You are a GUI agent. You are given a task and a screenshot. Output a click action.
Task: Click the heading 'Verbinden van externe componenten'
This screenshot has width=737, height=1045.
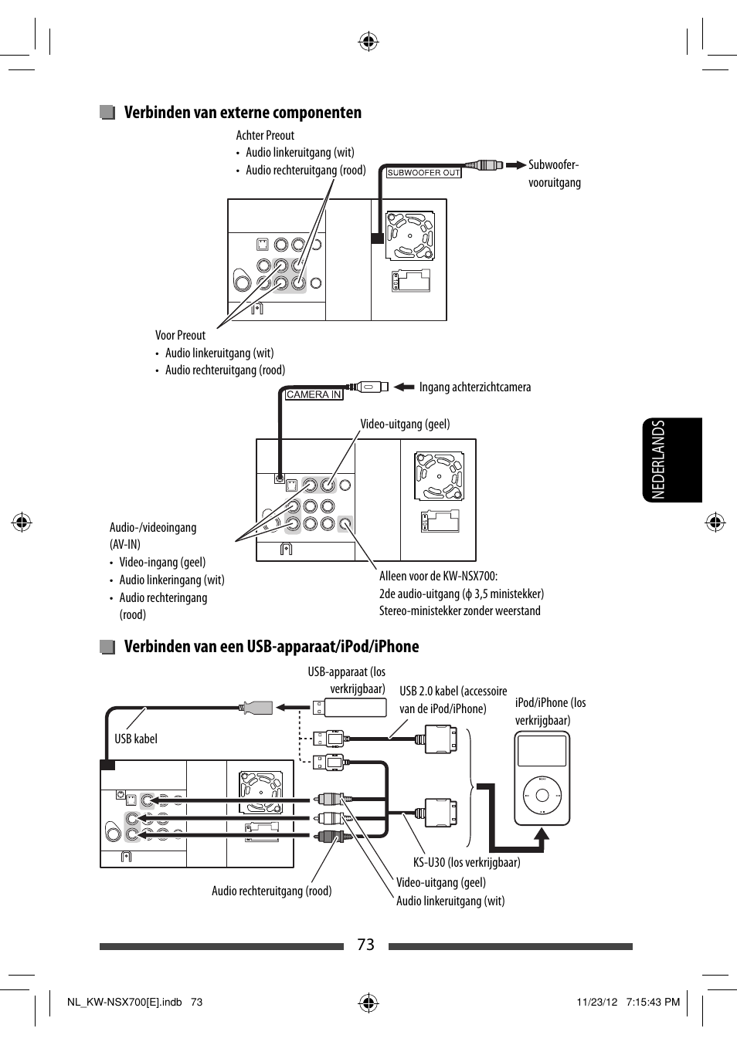(243, 113)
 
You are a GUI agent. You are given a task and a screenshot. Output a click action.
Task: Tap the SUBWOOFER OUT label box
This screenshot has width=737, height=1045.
(423, 173)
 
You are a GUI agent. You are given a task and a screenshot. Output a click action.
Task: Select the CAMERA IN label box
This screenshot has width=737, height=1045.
(314, 394)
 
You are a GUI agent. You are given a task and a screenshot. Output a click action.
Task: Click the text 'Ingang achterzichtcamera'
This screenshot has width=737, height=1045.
(474, 387)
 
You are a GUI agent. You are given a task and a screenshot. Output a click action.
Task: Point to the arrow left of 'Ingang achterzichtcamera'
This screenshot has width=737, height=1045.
(404, 387)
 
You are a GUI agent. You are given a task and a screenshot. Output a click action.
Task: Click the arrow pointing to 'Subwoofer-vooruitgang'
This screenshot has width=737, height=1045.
(515, 165)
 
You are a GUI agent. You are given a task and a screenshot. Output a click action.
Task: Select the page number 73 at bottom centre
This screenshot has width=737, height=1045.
(366, 945)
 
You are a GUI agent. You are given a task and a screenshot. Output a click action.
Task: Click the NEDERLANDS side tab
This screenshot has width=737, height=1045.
(671, 460)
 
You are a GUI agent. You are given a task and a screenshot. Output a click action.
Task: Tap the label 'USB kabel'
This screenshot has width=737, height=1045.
(135, 739)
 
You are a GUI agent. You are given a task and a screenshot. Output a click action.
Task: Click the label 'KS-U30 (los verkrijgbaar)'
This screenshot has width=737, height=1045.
(467, 862)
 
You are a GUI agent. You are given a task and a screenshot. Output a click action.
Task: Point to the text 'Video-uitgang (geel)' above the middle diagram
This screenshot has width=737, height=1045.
(405, 424)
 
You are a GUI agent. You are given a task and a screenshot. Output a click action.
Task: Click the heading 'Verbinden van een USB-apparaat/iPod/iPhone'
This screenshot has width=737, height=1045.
(271, 647)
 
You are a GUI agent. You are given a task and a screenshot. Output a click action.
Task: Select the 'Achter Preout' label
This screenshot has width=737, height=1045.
(265, 135)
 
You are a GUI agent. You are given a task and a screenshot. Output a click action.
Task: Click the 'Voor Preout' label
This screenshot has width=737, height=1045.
(180, 335)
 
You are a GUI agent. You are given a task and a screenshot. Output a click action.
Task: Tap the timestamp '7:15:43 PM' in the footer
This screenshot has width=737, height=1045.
(654, 1002)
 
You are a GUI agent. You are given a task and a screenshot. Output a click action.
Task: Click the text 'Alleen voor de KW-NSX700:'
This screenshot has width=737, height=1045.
(438, 576)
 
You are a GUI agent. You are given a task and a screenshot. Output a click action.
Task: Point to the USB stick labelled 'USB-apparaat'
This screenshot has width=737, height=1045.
(355, 707)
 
